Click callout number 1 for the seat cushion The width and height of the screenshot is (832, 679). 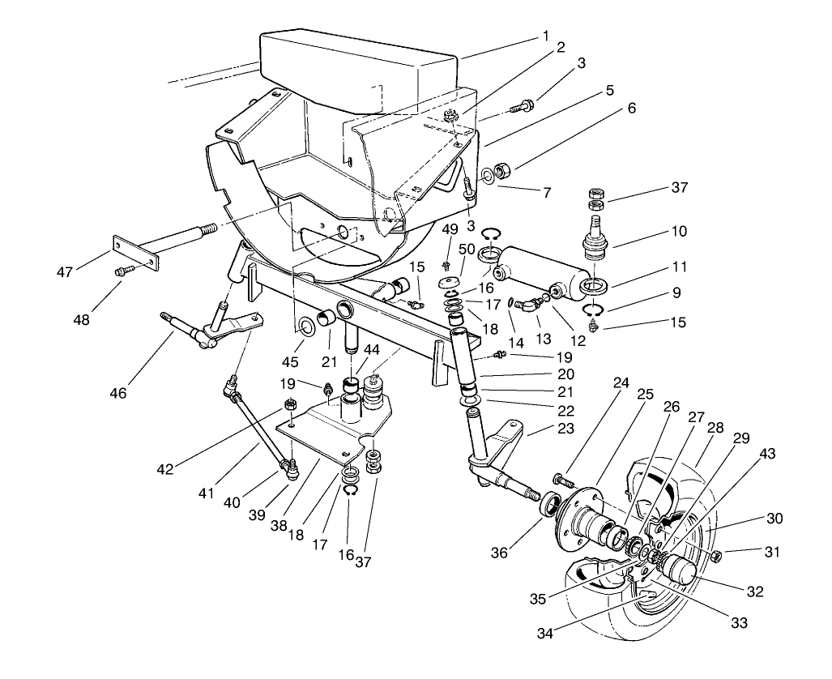point(546,36)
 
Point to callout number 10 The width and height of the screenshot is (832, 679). point(678,231)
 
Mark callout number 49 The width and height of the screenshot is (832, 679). point(450,229)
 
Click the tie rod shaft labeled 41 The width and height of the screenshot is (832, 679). point(258,429)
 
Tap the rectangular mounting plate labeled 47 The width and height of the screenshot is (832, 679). point(134,252)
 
